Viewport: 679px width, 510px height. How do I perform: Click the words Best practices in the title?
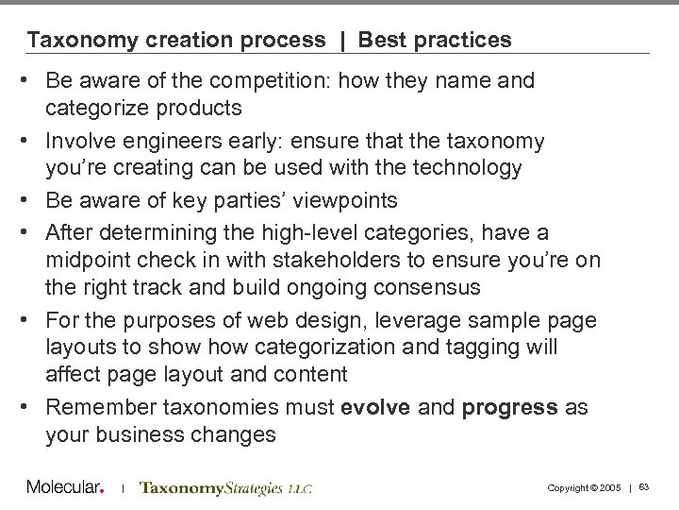436,40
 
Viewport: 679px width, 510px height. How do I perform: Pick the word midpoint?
88,260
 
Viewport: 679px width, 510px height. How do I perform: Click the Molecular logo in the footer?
64,487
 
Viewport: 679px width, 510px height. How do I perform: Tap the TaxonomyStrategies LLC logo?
225,488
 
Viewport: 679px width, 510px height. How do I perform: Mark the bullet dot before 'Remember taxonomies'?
32,408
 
